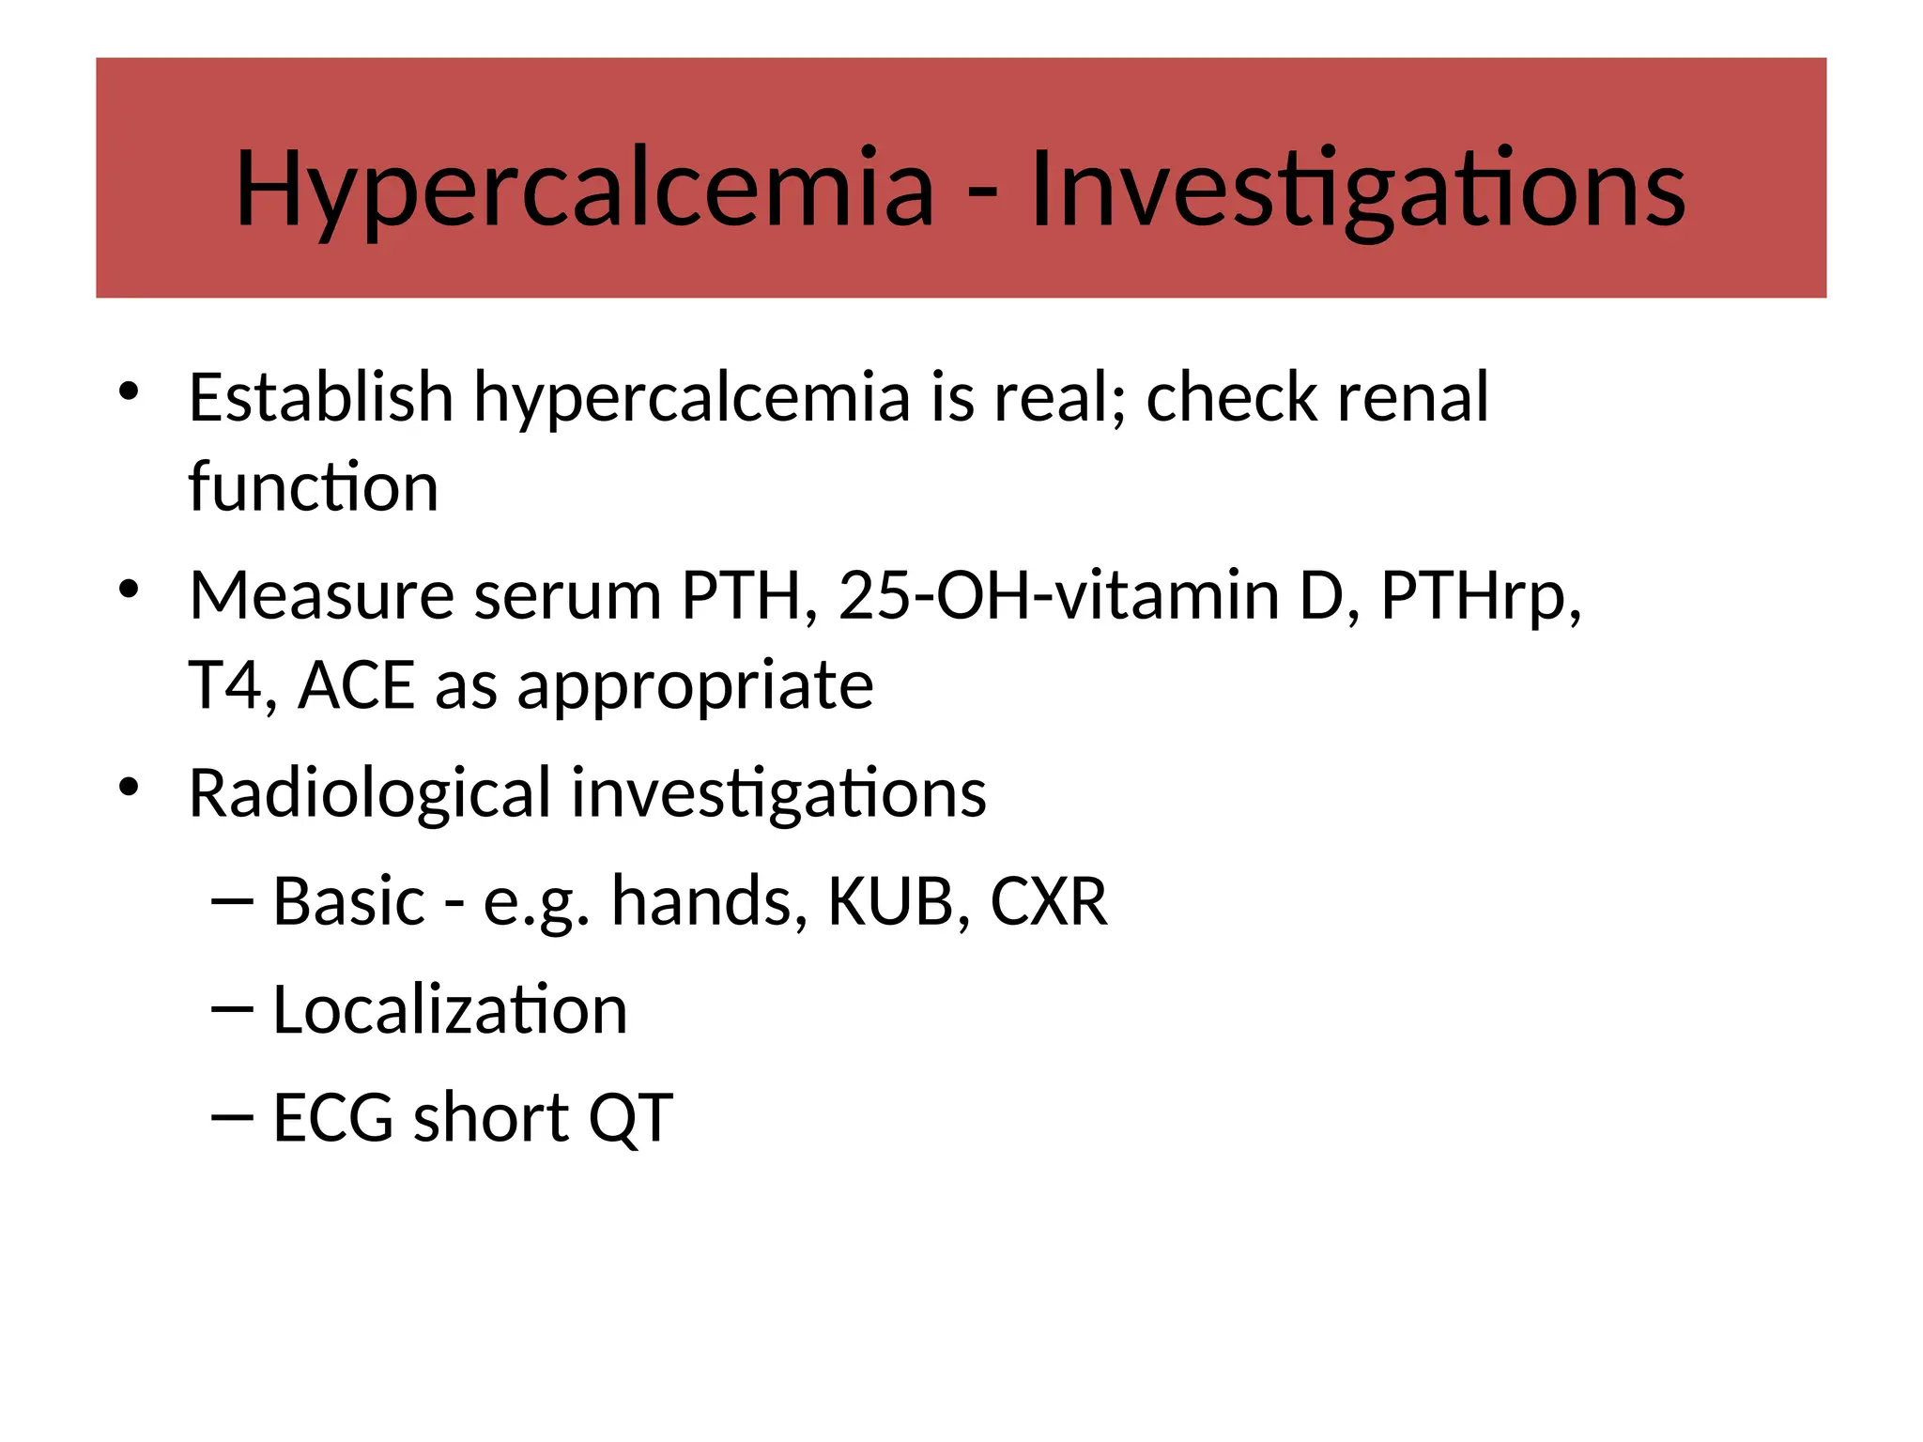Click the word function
click(x=313, y=487)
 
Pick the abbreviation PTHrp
click(x=1480, y=597)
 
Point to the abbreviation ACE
click(x=356, y=685)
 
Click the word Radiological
click(x=369, y=793)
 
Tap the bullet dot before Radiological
click(x=129, y=787)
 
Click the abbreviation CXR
click(x=1048, y=901)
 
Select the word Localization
click(x=450, y=1010)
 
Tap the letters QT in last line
click(x=630, y=1118)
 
